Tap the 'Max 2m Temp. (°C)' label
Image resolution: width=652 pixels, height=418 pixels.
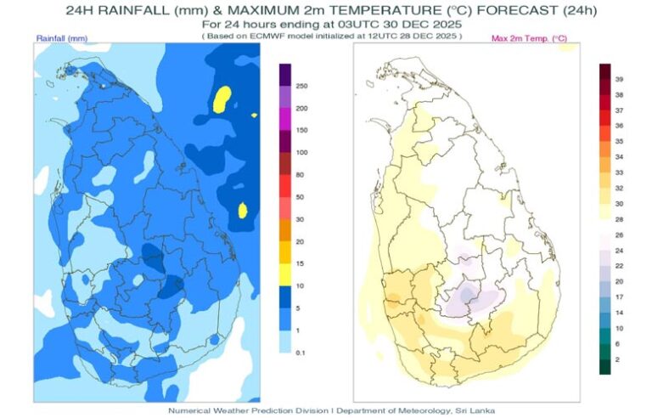tap(530, 39)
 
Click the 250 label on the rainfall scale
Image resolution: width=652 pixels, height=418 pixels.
tap(301, 87)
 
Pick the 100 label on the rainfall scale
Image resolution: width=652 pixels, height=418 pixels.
tap(301, 152)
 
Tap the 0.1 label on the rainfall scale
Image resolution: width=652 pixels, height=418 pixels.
tap(301, 351)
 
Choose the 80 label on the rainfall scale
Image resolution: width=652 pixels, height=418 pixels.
tap(300, 174)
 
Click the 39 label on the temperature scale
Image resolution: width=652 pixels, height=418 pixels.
tap(619, 78)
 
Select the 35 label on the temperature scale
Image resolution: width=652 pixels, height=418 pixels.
tap(619, 141)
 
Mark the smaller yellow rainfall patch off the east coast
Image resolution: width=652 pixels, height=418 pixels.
tap(242, 209)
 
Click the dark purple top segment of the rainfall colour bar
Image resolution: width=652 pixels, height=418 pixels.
tap(285, 74)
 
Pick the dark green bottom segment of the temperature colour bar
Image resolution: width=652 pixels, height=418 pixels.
tap(604, 366)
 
